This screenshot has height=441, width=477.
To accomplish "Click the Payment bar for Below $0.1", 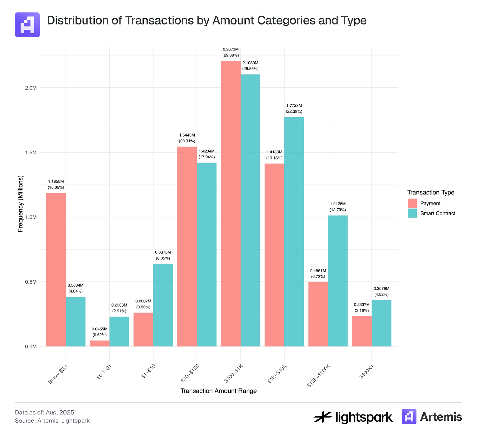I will click(x=56, y=270).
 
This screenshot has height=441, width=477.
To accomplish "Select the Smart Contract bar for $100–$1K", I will click(x=250, y=210).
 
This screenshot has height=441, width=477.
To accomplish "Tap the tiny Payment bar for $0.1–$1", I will click(x=100, y=343).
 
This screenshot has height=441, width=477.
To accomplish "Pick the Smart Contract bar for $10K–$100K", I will click(x=337, y=281).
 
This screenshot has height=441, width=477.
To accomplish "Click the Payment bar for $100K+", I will click(x=362, y=331).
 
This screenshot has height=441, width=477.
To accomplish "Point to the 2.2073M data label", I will click(x=230, y=49).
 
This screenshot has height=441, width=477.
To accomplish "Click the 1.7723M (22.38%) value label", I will click(x=294, y=109).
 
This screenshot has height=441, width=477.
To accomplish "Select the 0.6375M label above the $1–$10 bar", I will click(x=163, y=252).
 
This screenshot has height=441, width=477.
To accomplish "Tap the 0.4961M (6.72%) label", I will click(x=318, y=273).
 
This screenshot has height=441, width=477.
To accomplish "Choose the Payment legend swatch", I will click(x=412, y=203).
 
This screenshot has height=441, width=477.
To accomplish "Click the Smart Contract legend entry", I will click(x=437, y=213).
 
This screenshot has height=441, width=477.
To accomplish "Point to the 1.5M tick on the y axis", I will click(x=31, y=153).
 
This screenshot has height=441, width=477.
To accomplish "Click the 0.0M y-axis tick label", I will click(x=31, y=346).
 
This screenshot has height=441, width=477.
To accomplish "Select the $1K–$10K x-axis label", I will click(x=277, y=373).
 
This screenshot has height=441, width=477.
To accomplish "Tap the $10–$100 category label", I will click(x=190, y=373).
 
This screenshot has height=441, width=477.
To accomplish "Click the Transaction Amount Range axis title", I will click(x=218, y=391).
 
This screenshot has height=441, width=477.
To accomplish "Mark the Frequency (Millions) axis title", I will click(x=20, y=203).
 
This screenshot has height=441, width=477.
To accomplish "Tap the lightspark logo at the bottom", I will click(x=353, y=417).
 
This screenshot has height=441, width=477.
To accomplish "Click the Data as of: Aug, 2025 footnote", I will click(x=44, y=412).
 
